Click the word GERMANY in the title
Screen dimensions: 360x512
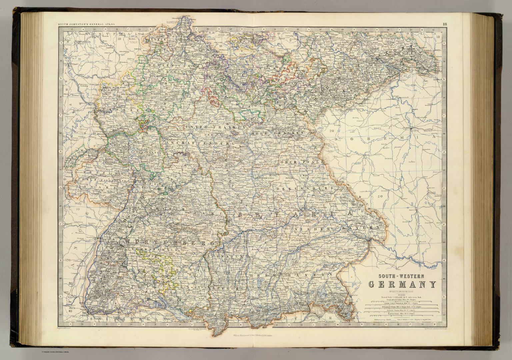(x=402, y=284)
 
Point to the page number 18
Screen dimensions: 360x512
(x=445, y=24)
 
